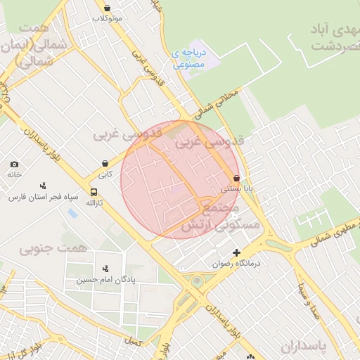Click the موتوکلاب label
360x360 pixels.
pos(108,18)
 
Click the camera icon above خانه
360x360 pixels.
pos(15,165)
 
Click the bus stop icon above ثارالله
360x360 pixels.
pos(94,192)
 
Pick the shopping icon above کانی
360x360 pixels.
pos(105,163)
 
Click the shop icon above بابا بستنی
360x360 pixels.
pos(236,178)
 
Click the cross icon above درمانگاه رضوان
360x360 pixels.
pos(236,252)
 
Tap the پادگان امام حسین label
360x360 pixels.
pos(105,280)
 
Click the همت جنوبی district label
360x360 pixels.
pos(53,247)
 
